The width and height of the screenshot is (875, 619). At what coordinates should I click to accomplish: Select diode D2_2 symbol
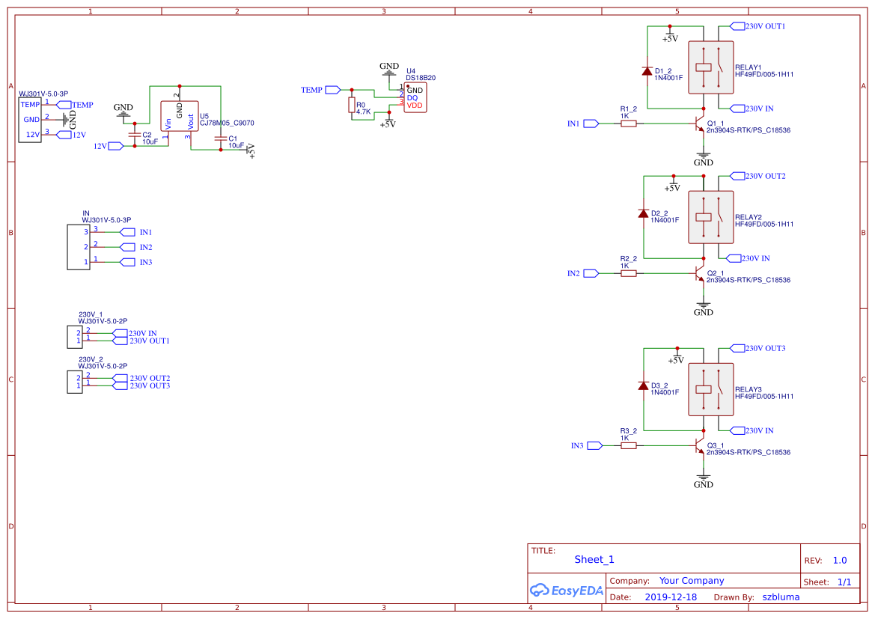[643, 213]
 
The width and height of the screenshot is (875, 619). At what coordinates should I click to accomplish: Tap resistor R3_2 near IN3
[629, 445]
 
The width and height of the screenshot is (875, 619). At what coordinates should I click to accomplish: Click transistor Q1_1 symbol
[699, 124]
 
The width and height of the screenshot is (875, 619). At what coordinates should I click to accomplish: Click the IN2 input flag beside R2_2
[591, 273]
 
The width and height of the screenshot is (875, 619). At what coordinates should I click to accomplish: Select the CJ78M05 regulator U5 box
[180, 117]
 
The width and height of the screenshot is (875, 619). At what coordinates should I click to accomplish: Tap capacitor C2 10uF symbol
[135, 135]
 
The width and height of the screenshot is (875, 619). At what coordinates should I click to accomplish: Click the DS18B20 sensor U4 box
[414, 98]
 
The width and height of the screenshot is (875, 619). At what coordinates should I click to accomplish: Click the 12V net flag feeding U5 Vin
[116, 146]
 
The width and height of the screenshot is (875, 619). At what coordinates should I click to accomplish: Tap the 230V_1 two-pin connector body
[74, 337]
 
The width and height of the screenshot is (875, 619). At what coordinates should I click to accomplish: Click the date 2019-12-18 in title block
[670, 597]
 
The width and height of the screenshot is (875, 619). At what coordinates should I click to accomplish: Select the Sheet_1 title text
[594, 559]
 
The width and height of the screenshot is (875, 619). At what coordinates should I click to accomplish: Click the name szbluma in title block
[781, 597]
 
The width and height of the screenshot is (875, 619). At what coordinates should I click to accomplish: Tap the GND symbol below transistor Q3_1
[703, 479]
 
